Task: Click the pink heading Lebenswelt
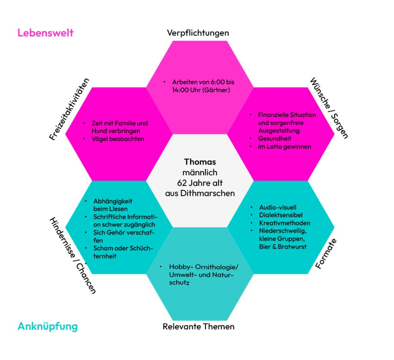coord(45,33)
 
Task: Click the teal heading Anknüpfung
coord(48,327)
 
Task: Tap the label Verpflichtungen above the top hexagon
coord(198,33)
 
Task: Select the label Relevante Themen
coord(199,327)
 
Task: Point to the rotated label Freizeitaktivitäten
coord(70,109)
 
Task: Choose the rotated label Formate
coord(326,253)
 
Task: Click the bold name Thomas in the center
coord(200,162)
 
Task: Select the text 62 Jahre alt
coord(200,183)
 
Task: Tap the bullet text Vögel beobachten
coord(118,139)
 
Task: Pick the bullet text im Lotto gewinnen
coord(285,146)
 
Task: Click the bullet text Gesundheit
coord(275,138)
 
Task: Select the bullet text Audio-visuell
coord(278,207)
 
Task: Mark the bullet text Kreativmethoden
coord(285,223)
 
